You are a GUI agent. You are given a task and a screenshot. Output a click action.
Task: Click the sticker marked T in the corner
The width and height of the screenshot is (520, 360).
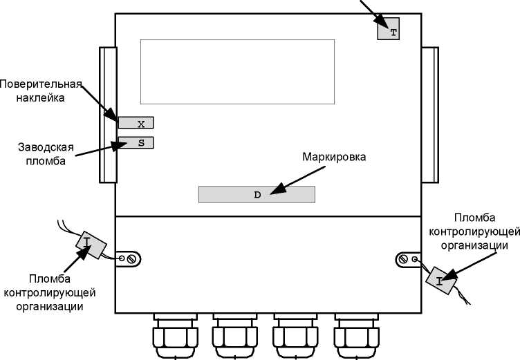pyautogui.click(x=389, y=31)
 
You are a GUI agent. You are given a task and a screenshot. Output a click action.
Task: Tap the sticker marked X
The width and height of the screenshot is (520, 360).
pyautogui.click(x=136, y=124)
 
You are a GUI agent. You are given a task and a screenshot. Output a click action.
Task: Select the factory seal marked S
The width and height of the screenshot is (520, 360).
pyautogui.click(x=136, y=143)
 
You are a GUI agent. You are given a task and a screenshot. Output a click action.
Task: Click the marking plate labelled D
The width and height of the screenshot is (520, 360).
pyautogui.click(x=257, y=194)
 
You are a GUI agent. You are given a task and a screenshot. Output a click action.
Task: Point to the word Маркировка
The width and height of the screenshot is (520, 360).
pyautogui.click(x=333, y=156)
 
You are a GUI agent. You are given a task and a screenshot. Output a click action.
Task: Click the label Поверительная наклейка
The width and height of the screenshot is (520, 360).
pyautogui.click(x=41, y=91)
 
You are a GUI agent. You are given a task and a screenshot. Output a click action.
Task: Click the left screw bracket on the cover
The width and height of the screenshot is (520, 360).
pyautogui.click(x=128, y=258)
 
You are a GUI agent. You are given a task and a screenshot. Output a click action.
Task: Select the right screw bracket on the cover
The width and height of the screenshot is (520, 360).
pyautogui.click(x=408, y=259)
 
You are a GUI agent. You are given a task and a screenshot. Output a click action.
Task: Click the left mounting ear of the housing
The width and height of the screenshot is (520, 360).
pyautogui.click(x=107, y=115)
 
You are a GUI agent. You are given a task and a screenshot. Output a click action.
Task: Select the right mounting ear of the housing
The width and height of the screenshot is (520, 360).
pyautogui.click(x=430, y=115)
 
